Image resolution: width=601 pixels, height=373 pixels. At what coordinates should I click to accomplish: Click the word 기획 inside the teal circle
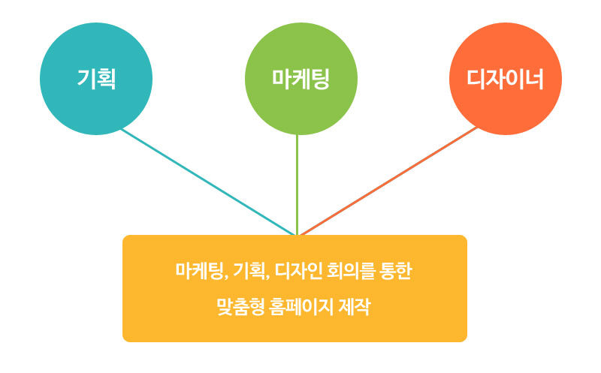pyautogui.click(x=96, y=79)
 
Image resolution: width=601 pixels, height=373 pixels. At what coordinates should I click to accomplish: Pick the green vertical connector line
pyautogui.click(x=297, y=184)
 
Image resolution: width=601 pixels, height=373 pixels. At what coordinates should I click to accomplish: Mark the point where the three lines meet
pyautogui.click(x=297, y=234)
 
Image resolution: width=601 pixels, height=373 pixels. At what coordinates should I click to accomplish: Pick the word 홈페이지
pyautogui.click(x=291, y=307)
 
